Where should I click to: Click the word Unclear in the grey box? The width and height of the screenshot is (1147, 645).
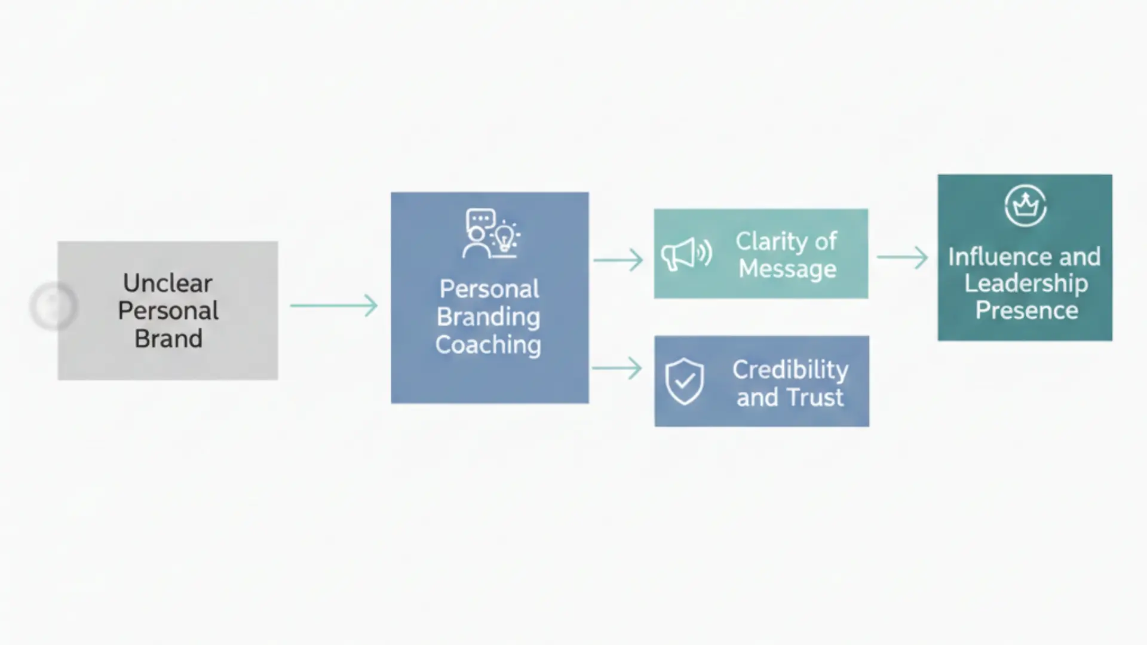167,283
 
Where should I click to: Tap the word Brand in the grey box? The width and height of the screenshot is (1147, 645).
168,339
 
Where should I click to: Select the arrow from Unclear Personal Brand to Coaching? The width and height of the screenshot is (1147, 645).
334,306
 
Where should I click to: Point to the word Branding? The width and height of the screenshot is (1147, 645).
488,317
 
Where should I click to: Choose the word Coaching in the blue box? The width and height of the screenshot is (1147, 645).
488,345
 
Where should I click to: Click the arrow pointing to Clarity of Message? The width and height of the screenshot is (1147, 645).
618,260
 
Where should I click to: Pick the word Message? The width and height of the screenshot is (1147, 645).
787,269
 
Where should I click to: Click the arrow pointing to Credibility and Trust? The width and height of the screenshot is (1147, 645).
617,368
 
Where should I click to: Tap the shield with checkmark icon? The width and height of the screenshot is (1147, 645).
685,381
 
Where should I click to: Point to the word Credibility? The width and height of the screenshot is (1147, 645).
790,370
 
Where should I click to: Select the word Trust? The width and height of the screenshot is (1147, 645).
815,397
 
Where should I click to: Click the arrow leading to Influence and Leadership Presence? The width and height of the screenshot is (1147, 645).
902,257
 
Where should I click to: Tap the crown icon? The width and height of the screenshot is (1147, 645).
1025,205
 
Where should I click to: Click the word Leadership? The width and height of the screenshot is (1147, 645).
1026,284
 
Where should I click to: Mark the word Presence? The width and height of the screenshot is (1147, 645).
1026,311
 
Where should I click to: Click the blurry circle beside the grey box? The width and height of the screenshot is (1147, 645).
53,306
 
